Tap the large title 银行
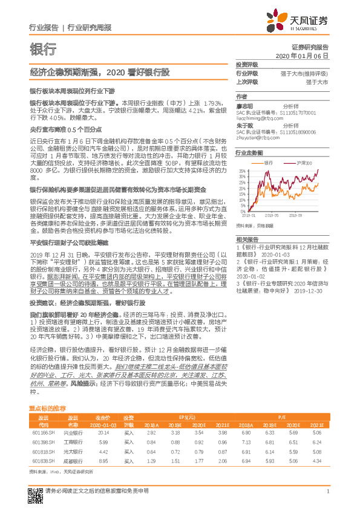(43, 50)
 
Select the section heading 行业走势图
(249, 154)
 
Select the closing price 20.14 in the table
(103, 433)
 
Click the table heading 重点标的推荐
(47, 409)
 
